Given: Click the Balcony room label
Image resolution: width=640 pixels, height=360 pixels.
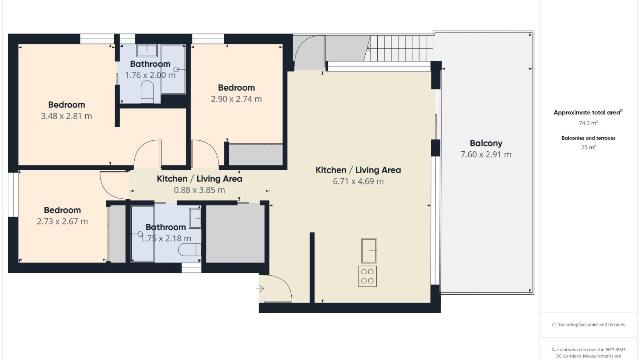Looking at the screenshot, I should click(486, 143).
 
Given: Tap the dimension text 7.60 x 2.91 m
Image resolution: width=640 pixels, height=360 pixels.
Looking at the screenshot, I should click(486, 155).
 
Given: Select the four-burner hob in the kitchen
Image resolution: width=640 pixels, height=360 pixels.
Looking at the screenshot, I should click(367, 276).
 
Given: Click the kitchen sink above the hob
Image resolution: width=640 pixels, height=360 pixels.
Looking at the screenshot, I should click(369, 251).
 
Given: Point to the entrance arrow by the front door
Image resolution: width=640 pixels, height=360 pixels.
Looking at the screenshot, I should click(260, 289).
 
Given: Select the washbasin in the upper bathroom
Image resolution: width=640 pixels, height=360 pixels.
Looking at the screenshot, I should click(147, 50).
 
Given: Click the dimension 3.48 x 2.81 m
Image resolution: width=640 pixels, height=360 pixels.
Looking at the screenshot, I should click(66, 116).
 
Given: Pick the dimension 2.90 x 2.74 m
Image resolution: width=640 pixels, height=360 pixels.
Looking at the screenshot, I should click(236, 99).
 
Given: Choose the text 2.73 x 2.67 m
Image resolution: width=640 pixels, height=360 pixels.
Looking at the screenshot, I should click(62, 222).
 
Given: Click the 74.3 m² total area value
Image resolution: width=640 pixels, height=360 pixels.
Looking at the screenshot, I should click(588, 123).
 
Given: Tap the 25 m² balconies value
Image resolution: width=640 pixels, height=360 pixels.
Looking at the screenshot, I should click(588, 147).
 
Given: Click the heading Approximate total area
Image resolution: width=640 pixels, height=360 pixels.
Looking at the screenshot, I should click(587, 113).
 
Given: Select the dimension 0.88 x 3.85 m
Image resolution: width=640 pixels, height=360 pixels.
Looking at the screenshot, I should click(199, 190).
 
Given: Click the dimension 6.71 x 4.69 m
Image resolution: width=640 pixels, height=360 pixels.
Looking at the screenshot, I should click(358, 182).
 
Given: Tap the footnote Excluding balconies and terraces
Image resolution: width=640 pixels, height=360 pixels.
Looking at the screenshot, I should click(588, 325).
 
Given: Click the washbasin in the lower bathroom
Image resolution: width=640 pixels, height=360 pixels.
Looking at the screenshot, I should click(195, 218).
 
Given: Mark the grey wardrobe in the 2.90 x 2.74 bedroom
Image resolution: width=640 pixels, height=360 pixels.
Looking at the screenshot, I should click(256, 155).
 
